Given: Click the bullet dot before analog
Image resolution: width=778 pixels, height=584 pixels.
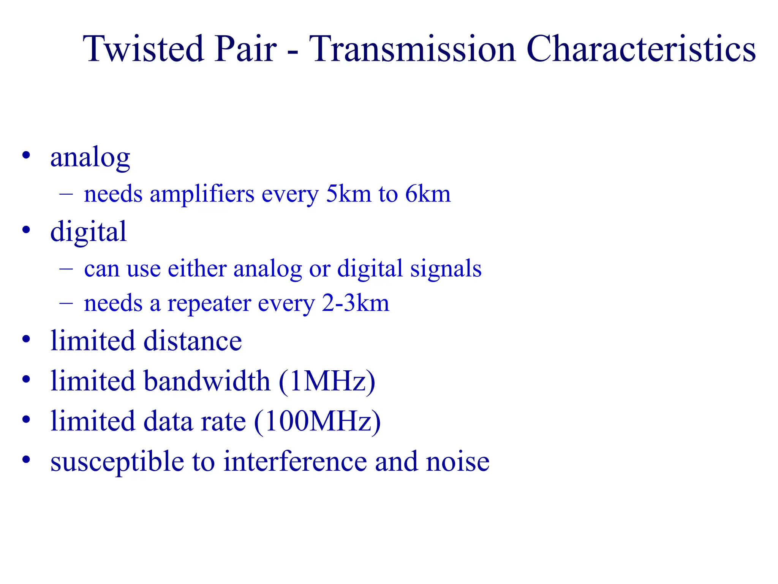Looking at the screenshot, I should click(x=26, y=156).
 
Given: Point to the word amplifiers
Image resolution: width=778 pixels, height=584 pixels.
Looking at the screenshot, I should click(x=202, y=194).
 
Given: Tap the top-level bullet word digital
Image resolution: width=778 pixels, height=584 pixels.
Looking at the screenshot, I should click(x=88, y=232).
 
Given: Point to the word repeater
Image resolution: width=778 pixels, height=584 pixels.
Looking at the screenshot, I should click(x=209, y=304).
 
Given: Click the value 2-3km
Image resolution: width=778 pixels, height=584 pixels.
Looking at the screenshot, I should click(x=355, y=303).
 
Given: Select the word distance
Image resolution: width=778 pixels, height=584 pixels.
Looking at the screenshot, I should click(x=193, y=340).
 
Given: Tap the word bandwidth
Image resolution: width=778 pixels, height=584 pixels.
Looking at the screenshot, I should click(x=207, y=381).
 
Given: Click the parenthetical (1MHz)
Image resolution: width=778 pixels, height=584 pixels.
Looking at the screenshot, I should click(x=327, y=381).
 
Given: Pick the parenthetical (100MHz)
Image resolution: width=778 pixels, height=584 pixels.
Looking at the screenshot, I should click(x=317, y=422).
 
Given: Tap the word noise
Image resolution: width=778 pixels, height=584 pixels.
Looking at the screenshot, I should click(x=458, y=462).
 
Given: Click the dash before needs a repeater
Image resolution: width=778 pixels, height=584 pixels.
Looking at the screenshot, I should click(x=66, y=304).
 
